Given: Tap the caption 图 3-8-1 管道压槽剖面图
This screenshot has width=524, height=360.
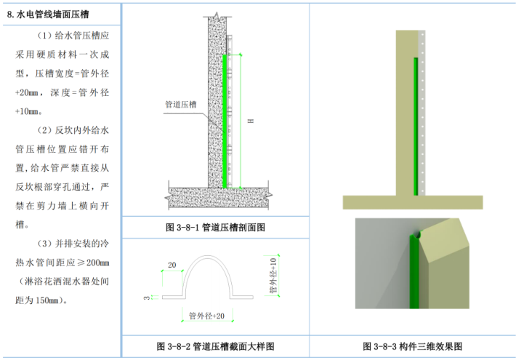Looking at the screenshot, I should point(216,227).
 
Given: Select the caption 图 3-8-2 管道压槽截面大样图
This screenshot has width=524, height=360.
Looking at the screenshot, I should point(216,346).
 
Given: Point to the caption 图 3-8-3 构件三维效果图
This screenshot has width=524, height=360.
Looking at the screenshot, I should point(413,346).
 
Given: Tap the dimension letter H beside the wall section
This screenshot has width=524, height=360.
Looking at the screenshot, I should point(249,121).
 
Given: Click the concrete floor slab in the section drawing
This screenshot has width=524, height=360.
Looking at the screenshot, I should point(218,195).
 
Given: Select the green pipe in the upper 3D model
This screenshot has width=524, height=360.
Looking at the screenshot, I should point(416,127).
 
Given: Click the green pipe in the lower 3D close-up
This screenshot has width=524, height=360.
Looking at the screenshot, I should point(415,276).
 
